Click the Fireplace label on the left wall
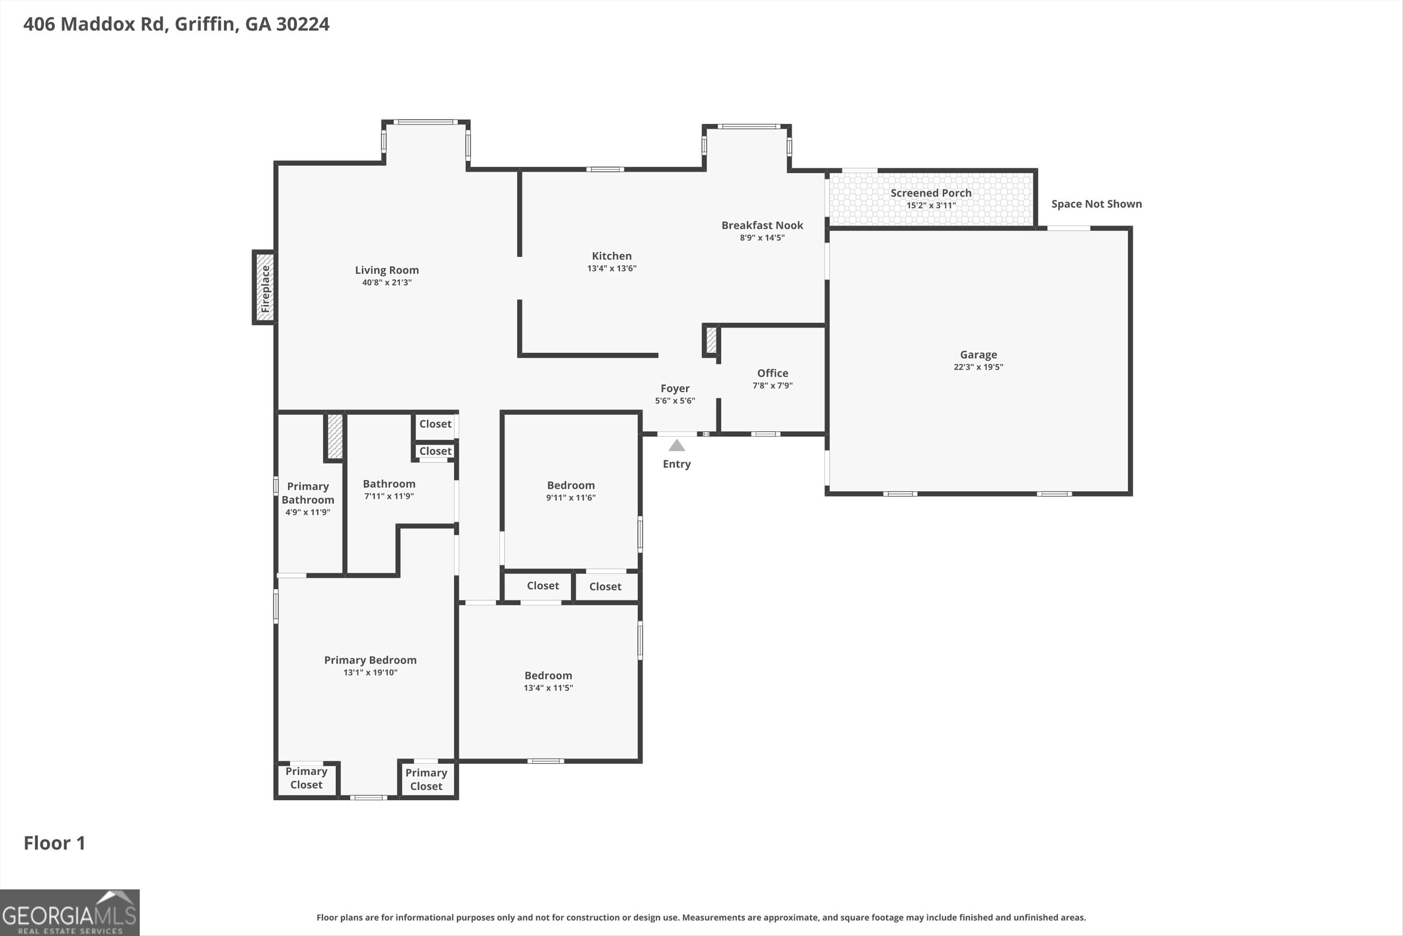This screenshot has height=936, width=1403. (x=265, y=288)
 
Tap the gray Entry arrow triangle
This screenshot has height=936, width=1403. (x=676, y=445)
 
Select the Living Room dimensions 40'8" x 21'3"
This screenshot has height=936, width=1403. (x=386, y=282)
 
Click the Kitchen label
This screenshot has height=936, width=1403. (x=612, y=256)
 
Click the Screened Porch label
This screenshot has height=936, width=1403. (x=931, y=193)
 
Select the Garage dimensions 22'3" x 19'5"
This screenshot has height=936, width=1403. (x=978, y=367)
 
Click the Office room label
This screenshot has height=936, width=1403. (x=772, y=373)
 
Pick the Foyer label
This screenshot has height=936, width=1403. (x=675, y=388)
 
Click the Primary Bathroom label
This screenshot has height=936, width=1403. (x=308, y=493)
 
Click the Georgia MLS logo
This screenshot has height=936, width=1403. (x=70, y=913)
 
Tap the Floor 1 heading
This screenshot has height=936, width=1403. (x=54, y=843)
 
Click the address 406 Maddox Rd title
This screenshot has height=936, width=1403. (x=176, y=24)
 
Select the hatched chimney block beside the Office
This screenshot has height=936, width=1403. (x=711, y=340)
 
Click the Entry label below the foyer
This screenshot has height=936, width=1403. (x=676, y=464)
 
